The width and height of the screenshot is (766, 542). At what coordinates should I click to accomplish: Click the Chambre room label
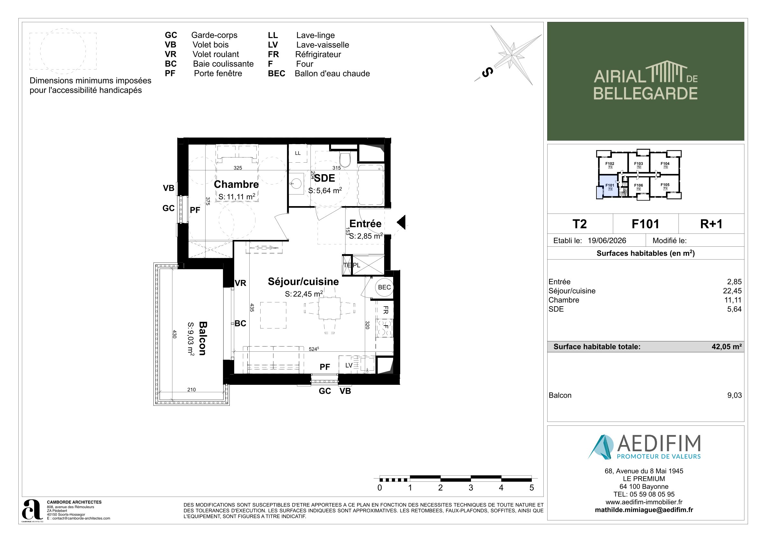(236, 184)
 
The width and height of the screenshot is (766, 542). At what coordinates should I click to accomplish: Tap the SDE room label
(325, 178)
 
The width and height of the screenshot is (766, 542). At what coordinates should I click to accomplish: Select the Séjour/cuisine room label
(303, 281)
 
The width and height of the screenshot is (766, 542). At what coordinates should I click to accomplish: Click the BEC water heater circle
(384, 287)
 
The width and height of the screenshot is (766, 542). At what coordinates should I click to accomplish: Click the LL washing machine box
(298, 153)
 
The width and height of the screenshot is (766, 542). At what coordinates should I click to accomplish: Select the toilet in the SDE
(345, 160)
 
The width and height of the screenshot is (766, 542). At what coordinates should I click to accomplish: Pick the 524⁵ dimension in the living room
(314, 349)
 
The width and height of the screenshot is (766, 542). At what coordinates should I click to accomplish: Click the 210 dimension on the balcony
(191, 389)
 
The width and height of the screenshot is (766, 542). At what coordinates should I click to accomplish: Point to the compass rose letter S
(487, 72)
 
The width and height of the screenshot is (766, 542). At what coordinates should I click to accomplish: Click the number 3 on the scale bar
(471, 488)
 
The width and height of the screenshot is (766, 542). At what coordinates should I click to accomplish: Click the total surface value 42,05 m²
(727, 347)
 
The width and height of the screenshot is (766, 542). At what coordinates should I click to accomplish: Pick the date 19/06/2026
(607, 241)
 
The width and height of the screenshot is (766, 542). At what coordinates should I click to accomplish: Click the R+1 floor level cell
(711, 224)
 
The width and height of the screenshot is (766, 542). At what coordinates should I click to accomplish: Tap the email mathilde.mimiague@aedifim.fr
(644, 510)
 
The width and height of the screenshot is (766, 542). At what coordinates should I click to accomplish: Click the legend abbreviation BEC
(277, 73)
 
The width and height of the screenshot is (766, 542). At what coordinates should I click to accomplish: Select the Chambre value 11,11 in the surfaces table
(733, 300)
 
